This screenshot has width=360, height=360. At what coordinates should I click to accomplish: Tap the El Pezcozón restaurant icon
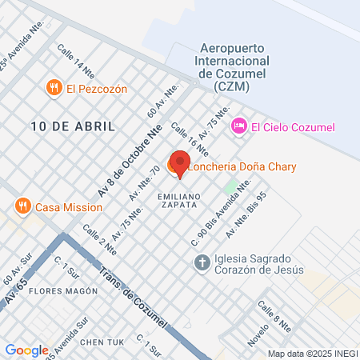pos(54,88)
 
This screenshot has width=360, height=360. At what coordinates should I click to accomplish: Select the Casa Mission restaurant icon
pos(23,206)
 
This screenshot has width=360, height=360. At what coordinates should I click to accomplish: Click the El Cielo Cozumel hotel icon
pos(238,126)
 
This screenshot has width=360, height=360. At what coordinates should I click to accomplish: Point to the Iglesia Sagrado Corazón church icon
pos(202,262)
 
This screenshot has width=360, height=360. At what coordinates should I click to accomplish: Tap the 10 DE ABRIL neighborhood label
pos(74,126)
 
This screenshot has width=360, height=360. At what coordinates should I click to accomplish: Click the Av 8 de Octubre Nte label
pos(129,160)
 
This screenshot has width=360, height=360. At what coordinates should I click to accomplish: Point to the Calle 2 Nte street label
pos(101,238)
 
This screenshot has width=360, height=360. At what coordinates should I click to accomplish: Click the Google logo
pos(26,350)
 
